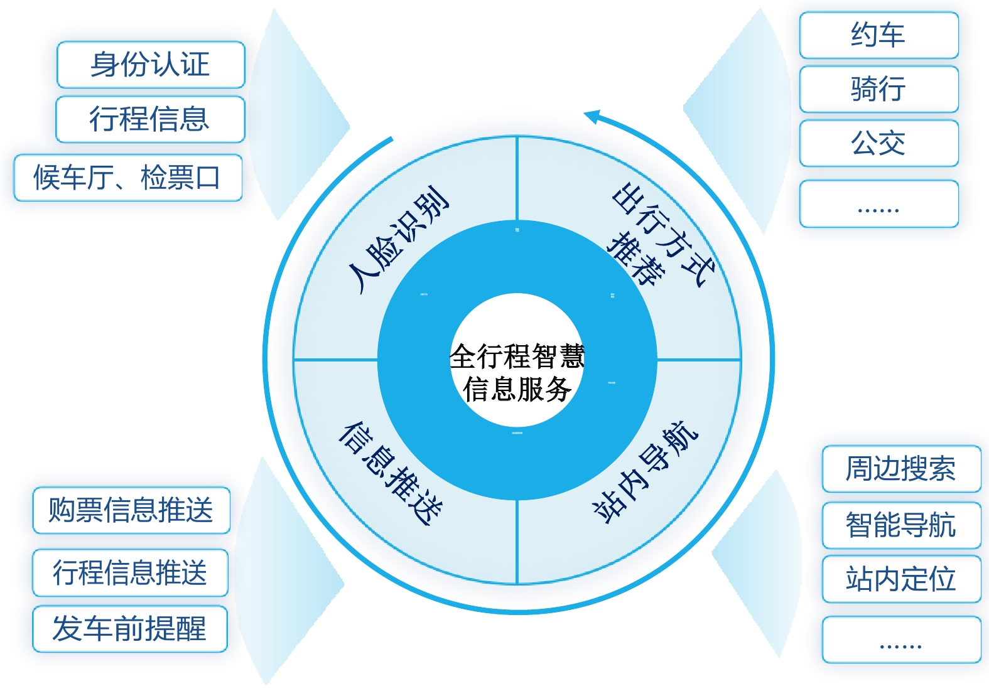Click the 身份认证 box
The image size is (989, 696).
pyautogui.click(x=151, y=65)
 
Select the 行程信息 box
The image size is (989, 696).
pyautogui.click(x=150, y=119)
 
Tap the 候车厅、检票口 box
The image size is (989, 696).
pyautogui.click(x=128, y=178)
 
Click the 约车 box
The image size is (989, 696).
pyautogui.click(x=878, y=35)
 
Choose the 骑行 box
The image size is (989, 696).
pyautogui.click(x=878, y=89)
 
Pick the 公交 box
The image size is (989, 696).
pyautogui.click(x=878, y=143)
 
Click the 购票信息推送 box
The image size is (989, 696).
pyautogui.click(x=131, y=510)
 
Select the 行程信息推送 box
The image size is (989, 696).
pyautogui.click(x=130, y=572)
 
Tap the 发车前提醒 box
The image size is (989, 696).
pyautogui.click(x=130, y=629)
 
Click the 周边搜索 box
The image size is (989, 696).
pyautogui.click(x=901, y=469)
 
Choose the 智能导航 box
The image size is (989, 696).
pyautogui.click(x=901, y=525)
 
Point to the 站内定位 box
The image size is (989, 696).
pyautogui.click(x=901, y=579)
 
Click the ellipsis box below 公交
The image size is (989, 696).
pyautogui.click(x=878, y=204)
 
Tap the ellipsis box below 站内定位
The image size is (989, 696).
pyautogui.click(x=901, y=640)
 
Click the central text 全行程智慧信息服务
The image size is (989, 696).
pyautogui.click(x=517, y=372)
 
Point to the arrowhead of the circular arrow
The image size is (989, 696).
pyautogui.click(x=590, y=115)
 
